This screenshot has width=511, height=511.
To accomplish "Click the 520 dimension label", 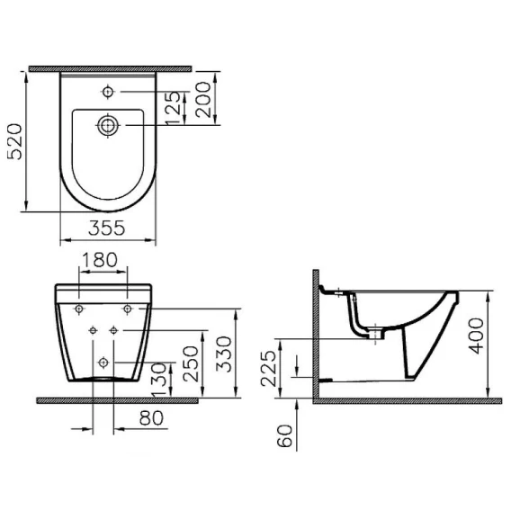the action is pyautogui.click(x=15, y=141).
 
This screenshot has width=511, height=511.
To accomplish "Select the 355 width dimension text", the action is pyautogui.click(x=106, y=228).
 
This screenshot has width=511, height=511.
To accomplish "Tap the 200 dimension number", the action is pyautogui.click(x=203, y=99).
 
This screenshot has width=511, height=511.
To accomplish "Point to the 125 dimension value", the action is pyautogui.click(x=173, y=108).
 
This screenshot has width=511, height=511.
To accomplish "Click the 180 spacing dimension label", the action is pyautogui.click(x=99, y=260).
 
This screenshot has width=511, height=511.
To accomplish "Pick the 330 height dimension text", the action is pyautogui.click(x=223, y=354).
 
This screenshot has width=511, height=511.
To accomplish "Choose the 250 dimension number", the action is pyautogui.click(x=191, y=363).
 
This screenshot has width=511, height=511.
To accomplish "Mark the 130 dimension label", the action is pyautogui.click(x=160, y=380).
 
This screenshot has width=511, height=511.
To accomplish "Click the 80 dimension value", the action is pyautogui.click(x=151, y=417).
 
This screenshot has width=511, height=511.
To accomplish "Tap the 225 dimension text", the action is pyautogui.click(x=268, y=368).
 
